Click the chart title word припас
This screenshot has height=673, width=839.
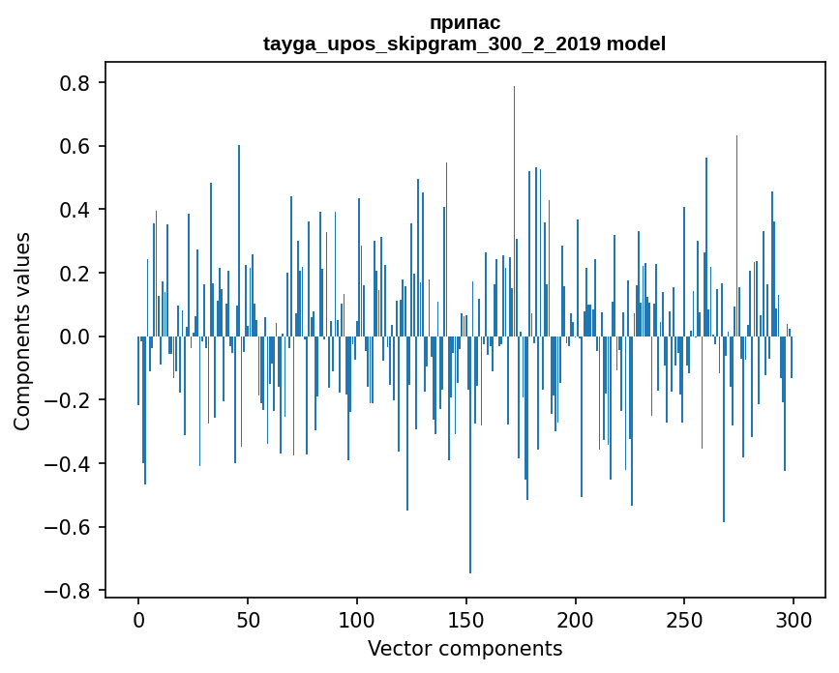coord(464,22)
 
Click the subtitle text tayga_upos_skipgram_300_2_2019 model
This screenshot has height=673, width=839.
coord(464,44)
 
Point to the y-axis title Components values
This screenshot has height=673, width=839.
coord(22,331)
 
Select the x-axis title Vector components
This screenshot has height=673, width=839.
coord(464,648)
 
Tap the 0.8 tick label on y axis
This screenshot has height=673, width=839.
coord(75,83)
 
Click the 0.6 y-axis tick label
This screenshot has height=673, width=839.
coord(75,147)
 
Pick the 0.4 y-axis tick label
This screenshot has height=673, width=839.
coord(75,210)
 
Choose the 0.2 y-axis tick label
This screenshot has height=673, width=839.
coord(75,274)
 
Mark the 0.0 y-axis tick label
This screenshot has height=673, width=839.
coord(75,336)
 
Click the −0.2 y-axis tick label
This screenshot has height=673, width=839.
coord(69,400)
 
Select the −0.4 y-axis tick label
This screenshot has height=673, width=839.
coord(69,464)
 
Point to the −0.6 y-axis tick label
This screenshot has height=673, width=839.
coord(69,527)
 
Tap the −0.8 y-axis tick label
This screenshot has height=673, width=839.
coord(69,591)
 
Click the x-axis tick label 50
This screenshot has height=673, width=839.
coord(248,619)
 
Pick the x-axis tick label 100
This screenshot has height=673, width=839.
coord(357,619)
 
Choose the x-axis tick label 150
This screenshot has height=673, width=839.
coord(466,619)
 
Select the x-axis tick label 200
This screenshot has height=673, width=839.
coord(576,619)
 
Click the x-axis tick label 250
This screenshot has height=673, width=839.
coord(684,619)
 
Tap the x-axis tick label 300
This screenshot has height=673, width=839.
coord(794,619)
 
